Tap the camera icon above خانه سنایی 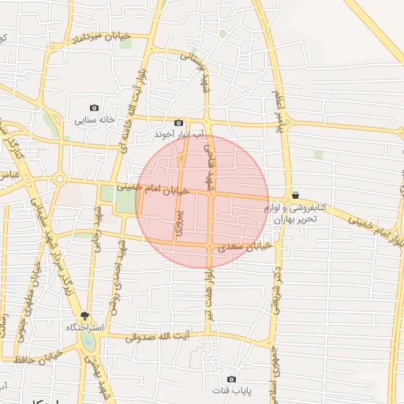95,108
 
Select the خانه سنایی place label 95,121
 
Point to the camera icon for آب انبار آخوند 179,123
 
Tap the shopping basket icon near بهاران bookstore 295,195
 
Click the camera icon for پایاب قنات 231,379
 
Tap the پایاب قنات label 231,391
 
